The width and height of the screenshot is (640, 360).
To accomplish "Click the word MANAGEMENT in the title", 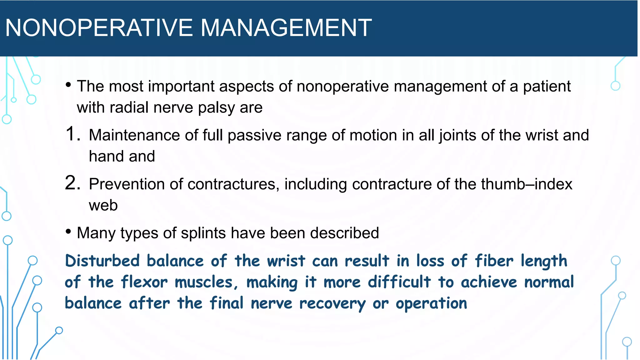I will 286,28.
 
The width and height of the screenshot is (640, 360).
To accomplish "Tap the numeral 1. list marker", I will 72,134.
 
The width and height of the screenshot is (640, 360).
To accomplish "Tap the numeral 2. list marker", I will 72,183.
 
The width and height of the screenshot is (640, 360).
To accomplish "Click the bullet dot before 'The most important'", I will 68,85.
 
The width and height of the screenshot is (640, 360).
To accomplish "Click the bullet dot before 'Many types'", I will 68,232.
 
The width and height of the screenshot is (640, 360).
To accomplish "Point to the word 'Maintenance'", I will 134,135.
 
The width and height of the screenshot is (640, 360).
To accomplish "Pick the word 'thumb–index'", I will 527,184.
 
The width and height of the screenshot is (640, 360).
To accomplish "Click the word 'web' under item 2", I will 103,205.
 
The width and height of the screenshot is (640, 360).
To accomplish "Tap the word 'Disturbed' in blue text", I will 102,261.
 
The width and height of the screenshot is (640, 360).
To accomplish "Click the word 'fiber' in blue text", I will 494,261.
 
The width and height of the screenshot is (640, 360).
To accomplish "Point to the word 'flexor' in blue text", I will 144,282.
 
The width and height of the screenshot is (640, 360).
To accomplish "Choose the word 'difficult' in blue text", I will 399,282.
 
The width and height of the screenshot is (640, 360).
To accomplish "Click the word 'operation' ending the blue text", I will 431,304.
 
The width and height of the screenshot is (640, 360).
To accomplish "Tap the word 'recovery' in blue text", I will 332,304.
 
